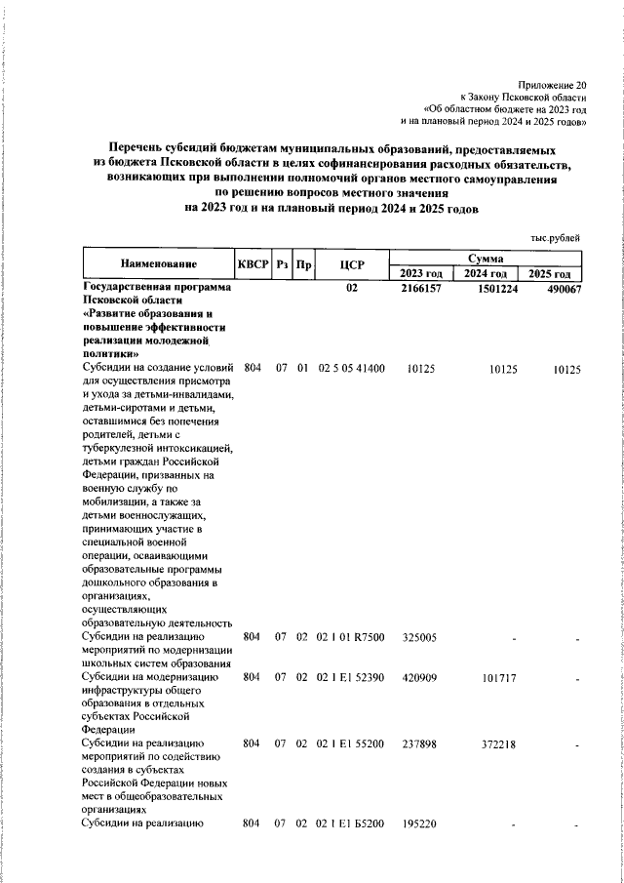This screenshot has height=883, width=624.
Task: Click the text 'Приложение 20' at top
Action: [x=553, y=86]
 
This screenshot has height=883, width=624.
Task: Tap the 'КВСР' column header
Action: [x=252, y=264]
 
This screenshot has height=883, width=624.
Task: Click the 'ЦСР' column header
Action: [x=352, y=264]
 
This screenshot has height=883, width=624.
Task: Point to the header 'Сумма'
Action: [x=486, y=258]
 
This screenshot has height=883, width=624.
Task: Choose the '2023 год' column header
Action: [x=421, y=273]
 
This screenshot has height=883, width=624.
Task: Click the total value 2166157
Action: [x=422, y=290]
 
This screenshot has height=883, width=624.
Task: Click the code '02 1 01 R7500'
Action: [x=352, y=637]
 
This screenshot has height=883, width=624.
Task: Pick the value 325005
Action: [x=420, y=637]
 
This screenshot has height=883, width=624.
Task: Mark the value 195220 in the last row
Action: [x=420, y=823]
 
